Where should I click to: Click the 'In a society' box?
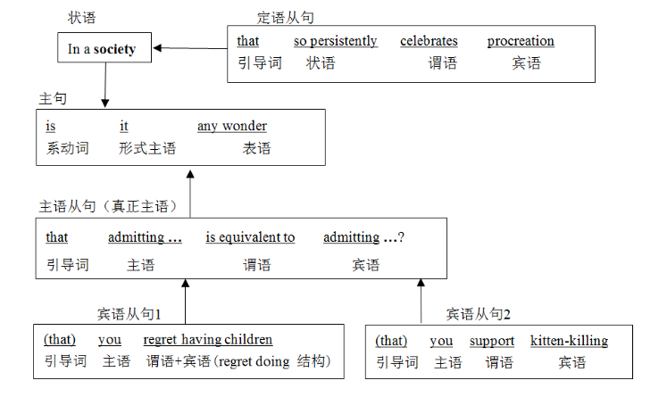click(x=102, y=50)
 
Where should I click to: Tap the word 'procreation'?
click(x=521, y=41)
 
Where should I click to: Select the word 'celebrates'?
click(x=429, y=41)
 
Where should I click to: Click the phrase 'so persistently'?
click(x=335, y=41)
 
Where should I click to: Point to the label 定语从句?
click(x=285, y=17)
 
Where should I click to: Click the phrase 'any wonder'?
click(x=232, y=126)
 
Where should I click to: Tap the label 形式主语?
click(x=147, y=148)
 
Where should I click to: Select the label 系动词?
click(x=68, y=148)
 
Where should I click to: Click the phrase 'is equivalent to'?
click(x=250, y=237)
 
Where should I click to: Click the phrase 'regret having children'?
click(x=208, y=340)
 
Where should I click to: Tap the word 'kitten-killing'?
click(x=569, y=341)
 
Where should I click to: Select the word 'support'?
click(x=492, y=341)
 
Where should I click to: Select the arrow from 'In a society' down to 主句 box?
click(x=104, y=86)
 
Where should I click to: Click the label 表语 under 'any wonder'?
click(x=256, y=148)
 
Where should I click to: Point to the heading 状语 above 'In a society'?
click(x=82, y=17)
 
